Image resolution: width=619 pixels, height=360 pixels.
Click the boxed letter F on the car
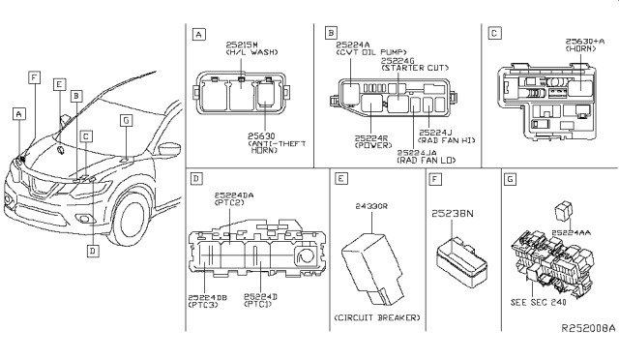point(34,75)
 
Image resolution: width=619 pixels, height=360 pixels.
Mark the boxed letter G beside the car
point(125,120)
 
